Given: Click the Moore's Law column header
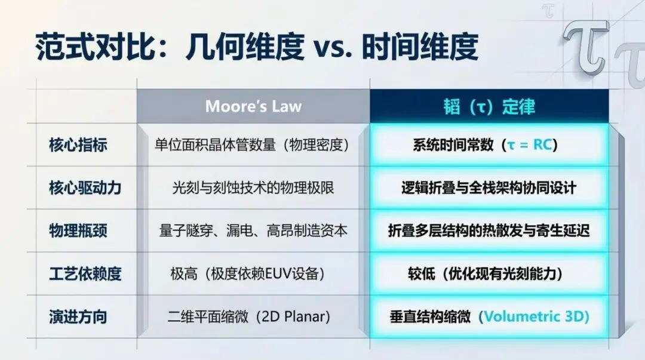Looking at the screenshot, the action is click(x=253, y=106).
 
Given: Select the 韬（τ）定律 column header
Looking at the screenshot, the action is click(x=489, y=106).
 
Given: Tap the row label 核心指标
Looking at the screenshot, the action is click(x=78, y=145).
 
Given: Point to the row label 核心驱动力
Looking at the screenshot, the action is click(x=85, y=188).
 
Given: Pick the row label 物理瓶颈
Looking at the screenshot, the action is click(x=78, y=230).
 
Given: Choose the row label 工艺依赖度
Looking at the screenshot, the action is click(x=85, y=273).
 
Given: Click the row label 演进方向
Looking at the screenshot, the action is click(x=78, y=317).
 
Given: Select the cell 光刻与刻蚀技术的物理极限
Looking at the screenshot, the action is click(x=253, y=188).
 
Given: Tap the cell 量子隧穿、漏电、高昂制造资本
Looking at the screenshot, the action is click(x=253, y=230).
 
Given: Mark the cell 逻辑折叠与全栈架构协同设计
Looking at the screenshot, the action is click(x=489, y=188).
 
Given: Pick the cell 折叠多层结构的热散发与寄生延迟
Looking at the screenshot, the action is click(x=489, y=230).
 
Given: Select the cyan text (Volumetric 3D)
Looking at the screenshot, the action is click(x=534, y=316).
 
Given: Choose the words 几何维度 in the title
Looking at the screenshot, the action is click(x=245, y=47).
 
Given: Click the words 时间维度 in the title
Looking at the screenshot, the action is click(x=420, y=47).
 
